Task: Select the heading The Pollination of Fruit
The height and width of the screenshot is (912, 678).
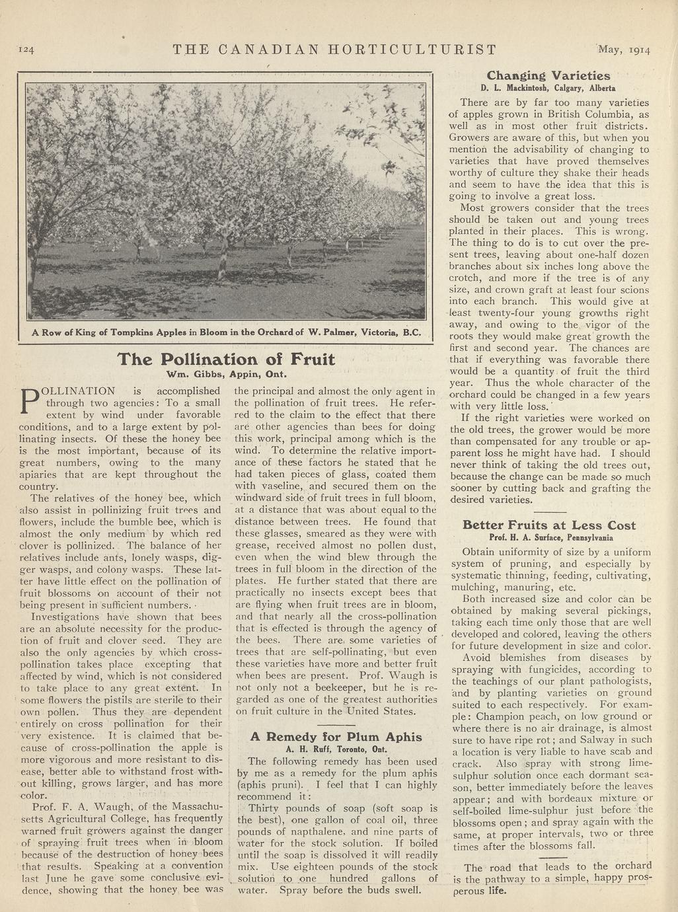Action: (x=226, y=359)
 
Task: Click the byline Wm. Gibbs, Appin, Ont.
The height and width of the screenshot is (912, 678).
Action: (x=225, y=373)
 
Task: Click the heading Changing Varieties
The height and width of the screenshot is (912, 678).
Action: (x=548, y=75)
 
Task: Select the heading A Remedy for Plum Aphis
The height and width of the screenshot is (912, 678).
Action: (x=336, y=736)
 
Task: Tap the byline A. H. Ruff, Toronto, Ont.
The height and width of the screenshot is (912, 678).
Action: (x=336, y=749)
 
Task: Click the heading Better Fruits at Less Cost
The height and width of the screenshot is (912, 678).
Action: (x=549, y=525)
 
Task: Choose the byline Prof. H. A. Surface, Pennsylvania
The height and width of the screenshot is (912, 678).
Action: (x=549, y=537)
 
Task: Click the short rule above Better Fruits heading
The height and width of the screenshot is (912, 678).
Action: (x=549, y=512)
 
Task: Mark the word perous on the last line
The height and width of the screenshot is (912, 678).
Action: (x=470, y=890)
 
